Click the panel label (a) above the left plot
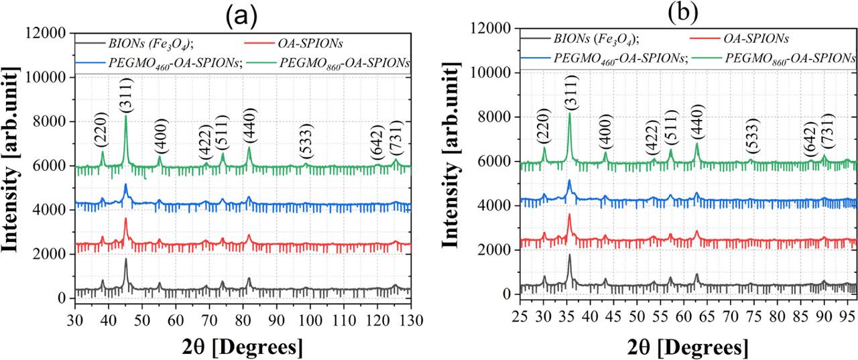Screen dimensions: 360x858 click(240, 15)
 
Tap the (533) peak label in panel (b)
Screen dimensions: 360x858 click(752, 141)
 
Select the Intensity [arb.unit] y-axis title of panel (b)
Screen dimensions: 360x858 click(468, 161)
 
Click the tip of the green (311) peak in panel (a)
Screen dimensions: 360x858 click(125, 115)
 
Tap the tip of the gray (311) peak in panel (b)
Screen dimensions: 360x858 click(569, 254)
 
